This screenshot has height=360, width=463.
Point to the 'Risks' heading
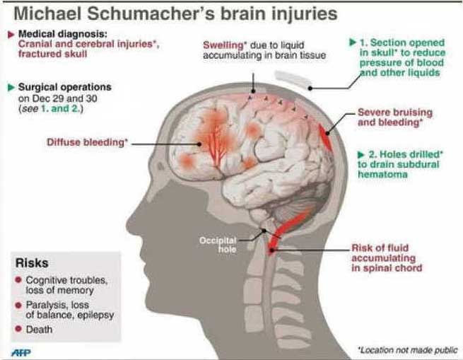(32, 264)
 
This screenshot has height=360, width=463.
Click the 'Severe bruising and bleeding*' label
(393, 117)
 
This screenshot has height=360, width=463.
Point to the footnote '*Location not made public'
(407, 349)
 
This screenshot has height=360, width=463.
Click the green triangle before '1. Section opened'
(352, 42)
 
